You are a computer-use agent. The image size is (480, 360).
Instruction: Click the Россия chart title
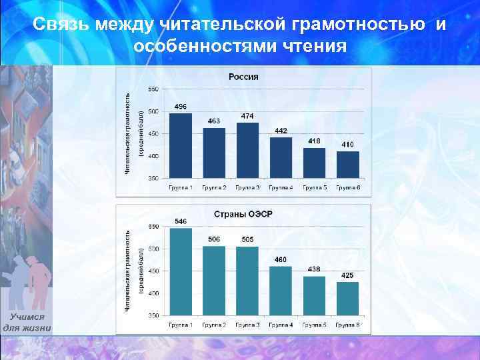[x=243, y=77]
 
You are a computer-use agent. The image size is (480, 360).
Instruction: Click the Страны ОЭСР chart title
[x=243, y=214]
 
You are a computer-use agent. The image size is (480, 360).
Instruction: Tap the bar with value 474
[x=247, y=150]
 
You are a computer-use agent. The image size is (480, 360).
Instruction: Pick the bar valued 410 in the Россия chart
[x=348, y=165]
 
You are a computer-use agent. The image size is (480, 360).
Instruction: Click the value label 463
[x=214, y=121]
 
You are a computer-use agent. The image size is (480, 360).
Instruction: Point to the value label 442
[x=281, y=131]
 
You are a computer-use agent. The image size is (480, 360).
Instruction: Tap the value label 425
[x=348, y=275]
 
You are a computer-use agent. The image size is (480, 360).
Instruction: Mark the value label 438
[x=314, y=269]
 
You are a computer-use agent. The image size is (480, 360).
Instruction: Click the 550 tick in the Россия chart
[x=153, y=89]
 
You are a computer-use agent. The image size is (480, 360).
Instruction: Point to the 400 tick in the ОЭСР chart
[x=153, y=293]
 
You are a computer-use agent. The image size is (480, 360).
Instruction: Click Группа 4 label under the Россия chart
[x=281, y=188]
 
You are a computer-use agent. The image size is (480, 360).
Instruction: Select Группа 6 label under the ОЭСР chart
[x=348, y=325]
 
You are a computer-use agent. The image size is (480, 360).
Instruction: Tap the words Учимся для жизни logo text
[x=27, y=323]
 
